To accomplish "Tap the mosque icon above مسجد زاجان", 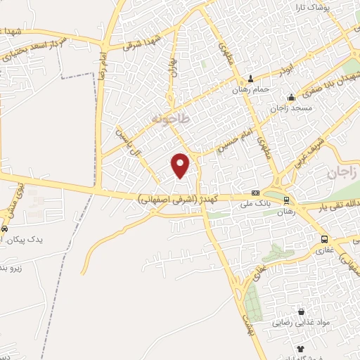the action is [x=292, y=97].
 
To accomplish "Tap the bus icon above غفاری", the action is [x=323, y=239].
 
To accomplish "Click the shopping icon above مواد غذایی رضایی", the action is [x=301, y=311].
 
